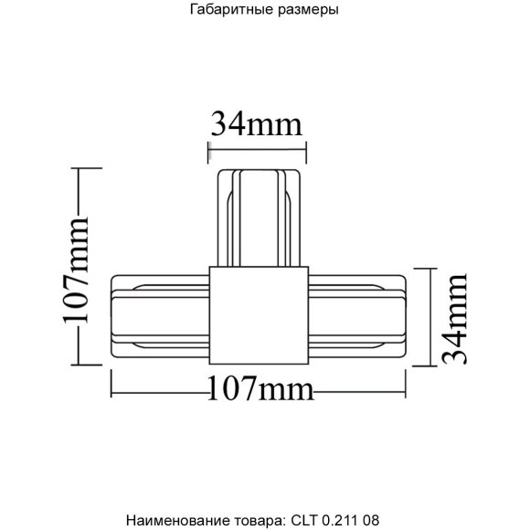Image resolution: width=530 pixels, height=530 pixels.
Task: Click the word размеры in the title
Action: click(309, 12)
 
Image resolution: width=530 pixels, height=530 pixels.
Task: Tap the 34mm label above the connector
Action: click(257, 122)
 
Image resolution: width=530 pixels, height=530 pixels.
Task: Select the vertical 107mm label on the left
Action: click(75, 270)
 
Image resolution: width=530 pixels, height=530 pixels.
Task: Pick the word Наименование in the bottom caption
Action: click(170, 520)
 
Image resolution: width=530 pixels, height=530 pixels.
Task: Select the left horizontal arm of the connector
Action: click(161, 314)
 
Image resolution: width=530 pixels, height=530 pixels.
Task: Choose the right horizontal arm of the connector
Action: click(355, 314)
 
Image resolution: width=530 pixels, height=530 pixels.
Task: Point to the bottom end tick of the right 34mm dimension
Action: click(425, 366)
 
